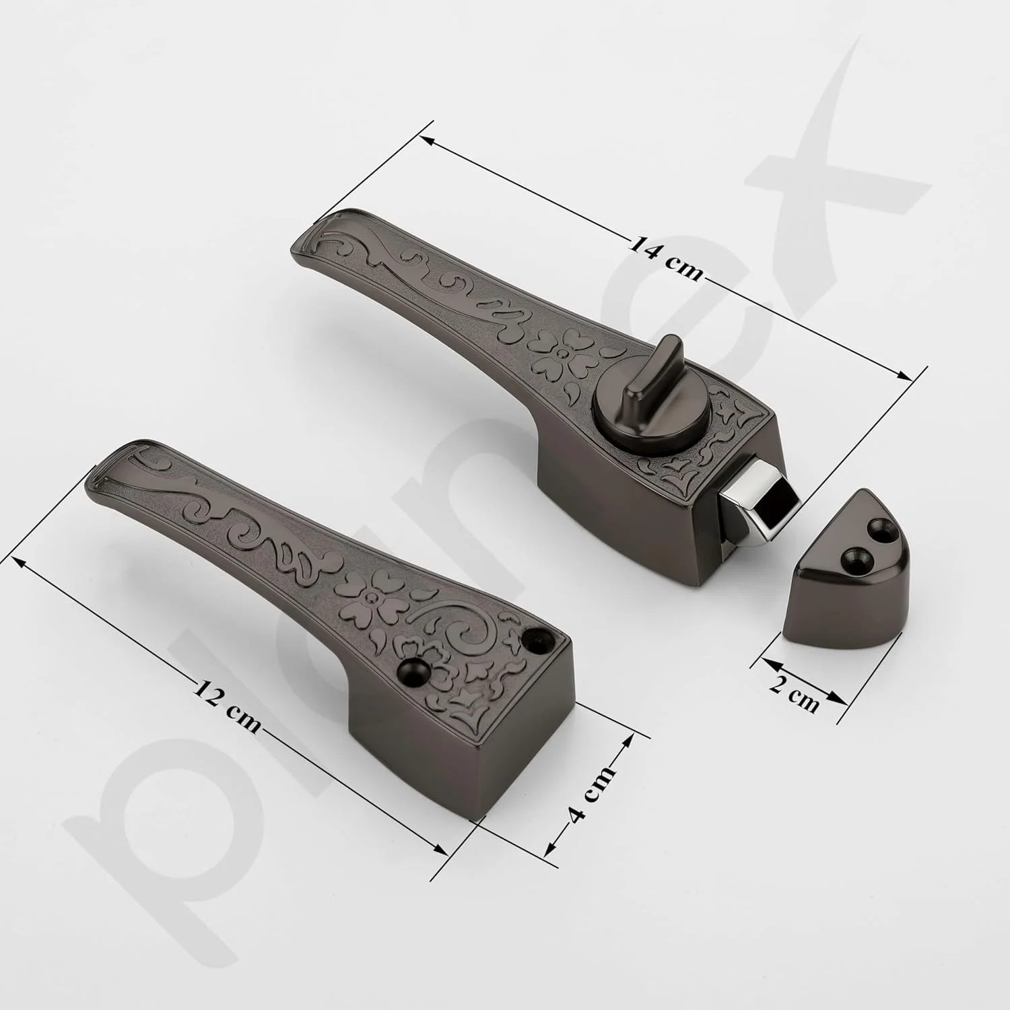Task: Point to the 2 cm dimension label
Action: [795, 694]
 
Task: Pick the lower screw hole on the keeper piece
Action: [853, 556]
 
